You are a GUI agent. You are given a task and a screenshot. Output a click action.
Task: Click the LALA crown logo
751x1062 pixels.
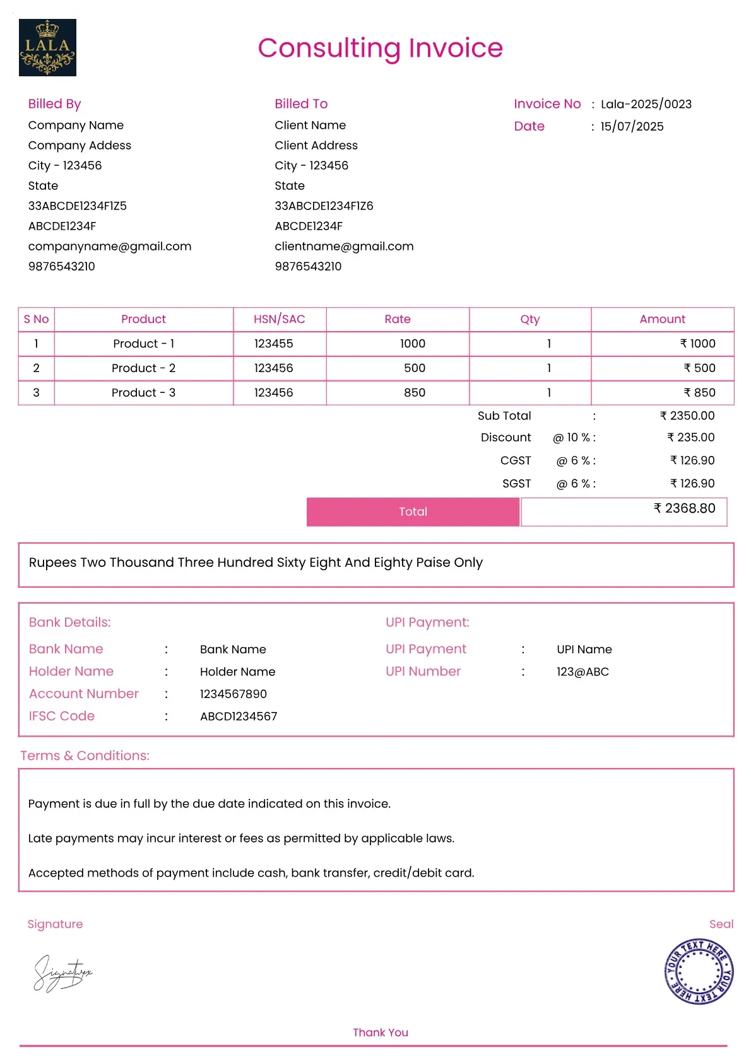pyautogui.click(x=47, y=47)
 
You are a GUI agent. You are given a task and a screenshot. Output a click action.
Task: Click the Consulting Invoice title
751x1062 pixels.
pyautogui.click(x=380, y=48)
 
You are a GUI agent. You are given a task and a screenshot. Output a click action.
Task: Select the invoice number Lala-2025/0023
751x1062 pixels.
pyautogui.click(x=646, y=104)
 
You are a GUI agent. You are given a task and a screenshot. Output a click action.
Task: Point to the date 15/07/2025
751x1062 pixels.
pyautogui.click(x=632, y=126)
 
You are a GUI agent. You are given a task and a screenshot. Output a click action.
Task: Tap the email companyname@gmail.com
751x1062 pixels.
pyautogui.click(x=110, y=246)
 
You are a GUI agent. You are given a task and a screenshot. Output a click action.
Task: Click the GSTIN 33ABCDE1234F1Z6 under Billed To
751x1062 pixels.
pyautogui.click(x=324, y=206)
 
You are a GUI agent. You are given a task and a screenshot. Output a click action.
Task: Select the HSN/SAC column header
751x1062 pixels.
pyautogui.click(x=279, y=319)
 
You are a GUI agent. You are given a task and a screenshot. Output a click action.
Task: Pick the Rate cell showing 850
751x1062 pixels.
pyautogui.click(x=414, y=392)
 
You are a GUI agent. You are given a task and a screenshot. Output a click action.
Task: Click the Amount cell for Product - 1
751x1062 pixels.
pyautogui.click(x=697, y=344)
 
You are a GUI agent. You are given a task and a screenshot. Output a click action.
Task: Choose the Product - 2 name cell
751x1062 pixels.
pyautogui.click(x=143, y=368)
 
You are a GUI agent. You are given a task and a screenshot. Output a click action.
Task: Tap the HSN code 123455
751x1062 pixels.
pyautogui.click(x=273, y=344)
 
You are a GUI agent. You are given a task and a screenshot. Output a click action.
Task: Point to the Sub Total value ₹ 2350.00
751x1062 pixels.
pyautogui.click(x=687, y=416)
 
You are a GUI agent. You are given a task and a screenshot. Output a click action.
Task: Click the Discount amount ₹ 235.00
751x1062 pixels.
pyautogui.click(x=690, y=437)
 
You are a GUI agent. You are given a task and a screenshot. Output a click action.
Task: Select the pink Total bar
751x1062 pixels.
pyautogui.click(x=413, y=511)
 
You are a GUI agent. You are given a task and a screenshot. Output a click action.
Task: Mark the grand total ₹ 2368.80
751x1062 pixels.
pyautogui.click(x=684, y=508)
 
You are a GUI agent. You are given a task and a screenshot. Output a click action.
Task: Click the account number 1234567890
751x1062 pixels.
pyautogui.click(x=233, y=694)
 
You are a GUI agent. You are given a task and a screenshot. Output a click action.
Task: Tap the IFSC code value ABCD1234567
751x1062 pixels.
pyautogui.click(x=239, y=716)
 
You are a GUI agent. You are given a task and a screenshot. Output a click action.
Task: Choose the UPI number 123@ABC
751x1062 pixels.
pyautogui.click(x=582, y=672)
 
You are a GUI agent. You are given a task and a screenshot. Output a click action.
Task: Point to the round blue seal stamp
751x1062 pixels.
pyautogui.click(x=699, y=971)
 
